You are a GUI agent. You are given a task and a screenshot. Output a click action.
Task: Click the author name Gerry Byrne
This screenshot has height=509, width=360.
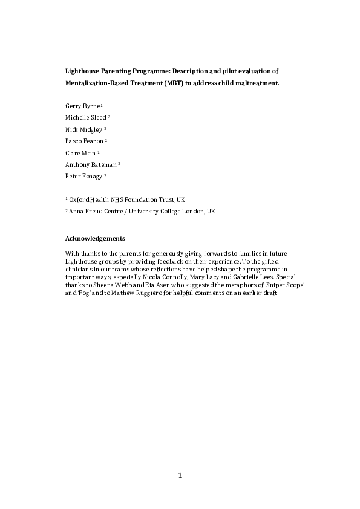tap(82, 106)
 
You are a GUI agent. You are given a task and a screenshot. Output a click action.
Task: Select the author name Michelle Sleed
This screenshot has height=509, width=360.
tap(86, 117)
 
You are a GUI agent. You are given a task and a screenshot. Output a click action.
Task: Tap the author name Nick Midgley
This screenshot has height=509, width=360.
tap(83, 129)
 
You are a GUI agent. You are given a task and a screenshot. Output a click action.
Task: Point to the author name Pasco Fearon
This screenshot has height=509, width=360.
tap(84, 141)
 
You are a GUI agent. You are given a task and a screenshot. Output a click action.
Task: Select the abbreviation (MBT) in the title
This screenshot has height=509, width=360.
tap(171, 83)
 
